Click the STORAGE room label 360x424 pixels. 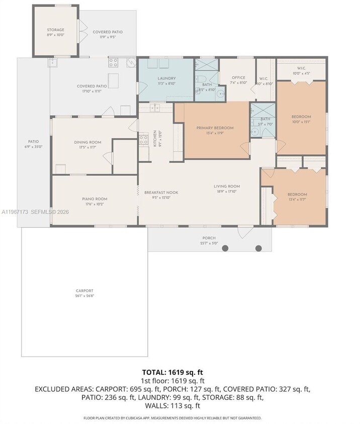(55, 30)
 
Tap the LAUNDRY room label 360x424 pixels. (166, 78)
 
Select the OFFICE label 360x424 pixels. (238, 77)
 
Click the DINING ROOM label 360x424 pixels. (87, 142)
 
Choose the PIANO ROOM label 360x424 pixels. (95, 199)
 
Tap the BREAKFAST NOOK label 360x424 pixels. (161, 192)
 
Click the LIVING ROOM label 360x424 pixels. (226, 186)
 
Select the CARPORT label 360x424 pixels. (84, 291)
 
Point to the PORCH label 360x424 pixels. (209, 238)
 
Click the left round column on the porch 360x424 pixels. (225, 248)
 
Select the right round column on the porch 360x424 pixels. (258, 248)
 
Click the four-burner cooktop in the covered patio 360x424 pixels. (114, 63)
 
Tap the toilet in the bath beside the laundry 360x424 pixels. (200, 78)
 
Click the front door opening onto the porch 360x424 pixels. (244, 232)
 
